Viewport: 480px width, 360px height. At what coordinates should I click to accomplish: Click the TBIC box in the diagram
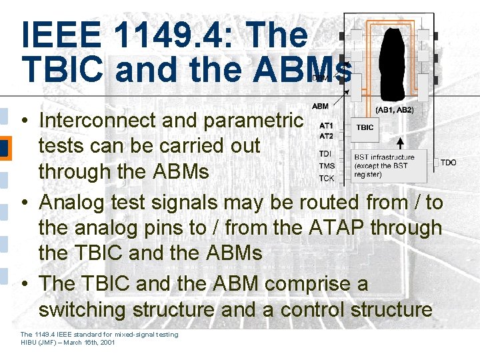[365, 127]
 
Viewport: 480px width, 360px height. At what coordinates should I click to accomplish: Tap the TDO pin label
[449, 163]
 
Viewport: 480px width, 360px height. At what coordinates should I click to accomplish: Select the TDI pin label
[325, 154]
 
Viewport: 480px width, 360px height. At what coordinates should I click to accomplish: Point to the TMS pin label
[327, 166]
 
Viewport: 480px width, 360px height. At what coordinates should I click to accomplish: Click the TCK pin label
[327, 178]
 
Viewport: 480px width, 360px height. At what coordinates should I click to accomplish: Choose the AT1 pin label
[326, 125]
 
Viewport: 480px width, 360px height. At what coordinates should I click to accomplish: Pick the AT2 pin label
[326, 136]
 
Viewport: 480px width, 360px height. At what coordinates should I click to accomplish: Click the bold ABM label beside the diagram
[320, 106]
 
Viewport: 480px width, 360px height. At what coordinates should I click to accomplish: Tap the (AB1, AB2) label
[395, 109]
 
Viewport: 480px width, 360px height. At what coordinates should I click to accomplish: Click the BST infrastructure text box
[389, 166]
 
